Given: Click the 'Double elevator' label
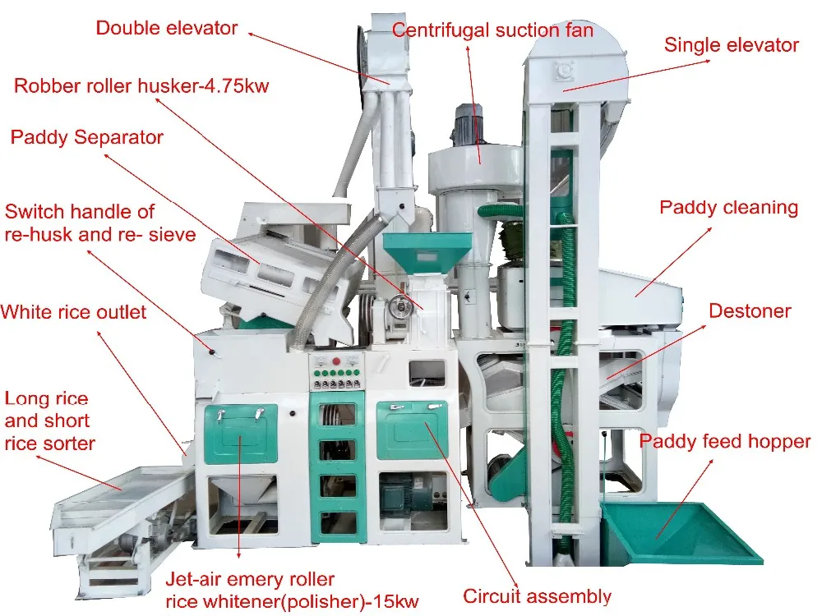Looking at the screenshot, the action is [x=167, y=28].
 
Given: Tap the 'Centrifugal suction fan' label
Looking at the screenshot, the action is [x=492, y=30].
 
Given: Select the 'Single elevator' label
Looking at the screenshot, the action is [x=731, y=44].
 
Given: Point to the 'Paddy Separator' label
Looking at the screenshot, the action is [x=86, y=137].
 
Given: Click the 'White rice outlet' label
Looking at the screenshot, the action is [x=73, y=312].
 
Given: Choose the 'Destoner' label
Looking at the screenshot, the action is [x=749, y=310].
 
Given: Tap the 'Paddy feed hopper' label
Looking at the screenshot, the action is [x=725, y=442].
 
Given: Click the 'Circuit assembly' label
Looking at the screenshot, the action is [x=537, y=596].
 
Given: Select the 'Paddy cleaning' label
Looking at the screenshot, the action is [x=728, y=207].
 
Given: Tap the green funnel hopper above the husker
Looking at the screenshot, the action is [x=428, y=251].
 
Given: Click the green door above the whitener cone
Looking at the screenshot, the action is [x=241, y=434].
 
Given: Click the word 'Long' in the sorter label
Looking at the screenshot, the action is [x=25, y=399].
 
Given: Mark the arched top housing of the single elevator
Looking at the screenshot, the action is [x=575, y=66].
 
